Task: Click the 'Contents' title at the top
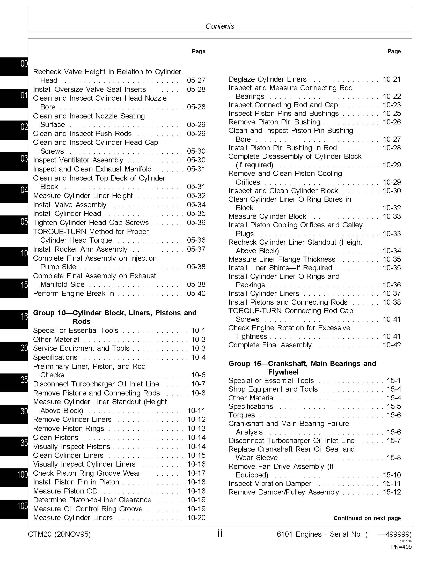[x=220, y=26]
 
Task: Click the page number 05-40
[x=196, y=293]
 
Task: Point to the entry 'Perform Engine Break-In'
[x=74, y=293]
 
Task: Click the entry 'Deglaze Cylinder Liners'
[x=267, y=79]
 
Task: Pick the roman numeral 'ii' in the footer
[x=220, y=534]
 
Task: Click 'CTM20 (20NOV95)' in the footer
[x=59, y=534]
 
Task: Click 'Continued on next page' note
[x=367, y=518]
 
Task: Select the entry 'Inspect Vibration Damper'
[x=270, y=484]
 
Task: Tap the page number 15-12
[x=392, y=492]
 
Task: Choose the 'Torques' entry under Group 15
[x=241, y=415]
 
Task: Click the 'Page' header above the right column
[x=394, y=51]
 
